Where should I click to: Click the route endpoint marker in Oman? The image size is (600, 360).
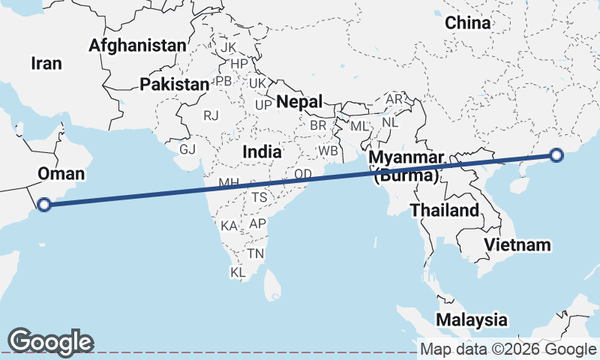tap(44, 203)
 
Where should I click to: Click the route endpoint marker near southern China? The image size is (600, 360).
tap(556, 155)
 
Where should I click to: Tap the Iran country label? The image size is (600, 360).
tap(46, 64)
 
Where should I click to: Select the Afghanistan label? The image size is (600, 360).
tap(136, 46)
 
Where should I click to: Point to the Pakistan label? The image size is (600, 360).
tap(174, 85)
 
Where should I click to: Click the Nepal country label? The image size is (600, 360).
tap(299, 101)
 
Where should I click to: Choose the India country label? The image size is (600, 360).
tap(262, 152)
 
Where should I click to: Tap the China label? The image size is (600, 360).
tap(468, 23)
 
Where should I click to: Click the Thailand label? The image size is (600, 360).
tap(444, 210)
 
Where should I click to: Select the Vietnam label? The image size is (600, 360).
tap(517, 245)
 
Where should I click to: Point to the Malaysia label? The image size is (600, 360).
tap(471, 319)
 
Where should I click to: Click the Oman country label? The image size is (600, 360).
tap(61, 175)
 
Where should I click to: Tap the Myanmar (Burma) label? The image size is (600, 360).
tap(406, 167)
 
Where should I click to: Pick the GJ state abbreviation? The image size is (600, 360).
tap(187, 149)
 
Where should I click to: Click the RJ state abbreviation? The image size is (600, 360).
tap(211, 115)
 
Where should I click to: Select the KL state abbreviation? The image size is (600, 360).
tap(238, 272)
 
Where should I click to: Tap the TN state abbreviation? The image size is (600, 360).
tap(256, 254)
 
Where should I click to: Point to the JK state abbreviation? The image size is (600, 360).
tap(229, 47)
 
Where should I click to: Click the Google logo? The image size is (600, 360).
tap(51, 341)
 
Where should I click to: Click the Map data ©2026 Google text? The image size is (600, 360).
tap(508, 349)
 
